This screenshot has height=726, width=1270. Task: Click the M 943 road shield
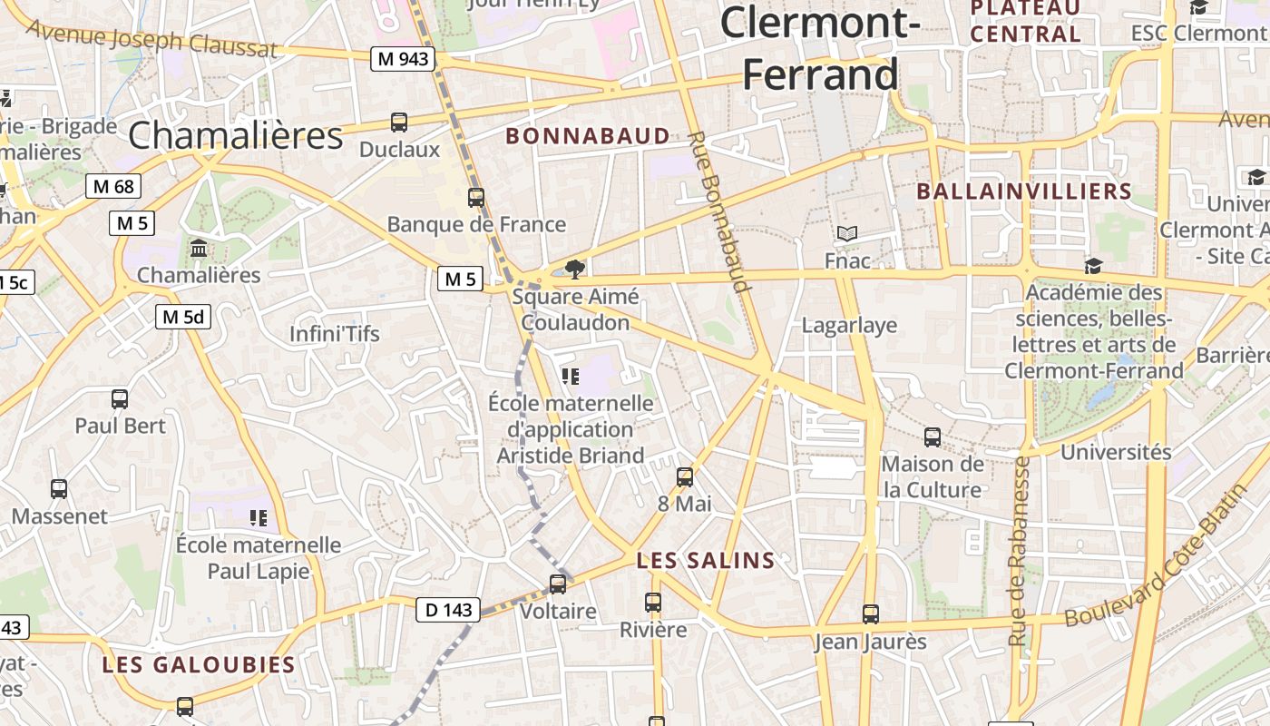[x=404, y=59]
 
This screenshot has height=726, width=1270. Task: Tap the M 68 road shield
[x=113, y=187]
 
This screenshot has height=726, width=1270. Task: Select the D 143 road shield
[x=448, y=610]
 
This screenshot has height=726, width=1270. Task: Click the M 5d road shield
[x=183, y=317]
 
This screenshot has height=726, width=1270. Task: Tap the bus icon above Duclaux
[x=399, y=122]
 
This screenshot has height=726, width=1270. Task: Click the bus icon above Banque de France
[x=476, y=197]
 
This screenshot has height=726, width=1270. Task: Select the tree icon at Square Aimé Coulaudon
[x=574, y=269]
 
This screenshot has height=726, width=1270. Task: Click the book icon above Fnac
[x=847, y=234]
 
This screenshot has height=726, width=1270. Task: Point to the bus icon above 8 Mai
[x=685, y=476]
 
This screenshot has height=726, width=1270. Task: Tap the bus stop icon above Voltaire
[x=558, y=584]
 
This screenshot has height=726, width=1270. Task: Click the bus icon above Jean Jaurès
[x=871, y=614]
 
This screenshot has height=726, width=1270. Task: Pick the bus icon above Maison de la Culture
[x=933, y=437]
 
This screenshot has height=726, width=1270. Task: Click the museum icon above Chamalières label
[x=199, y=248]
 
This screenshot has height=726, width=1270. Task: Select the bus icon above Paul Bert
[x=120, y=398]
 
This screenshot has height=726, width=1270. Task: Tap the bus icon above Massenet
[x=59, y=489]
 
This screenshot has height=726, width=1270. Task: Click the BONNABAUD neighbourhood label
[x=588, y=136]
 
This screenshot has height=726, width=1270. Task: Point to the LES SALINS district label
[x=706, y=561]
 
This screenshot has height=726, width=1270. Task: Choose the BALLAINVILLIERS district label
[x=1024, y=191]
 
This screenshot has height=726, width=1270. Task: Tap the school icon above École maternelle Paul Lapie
[x=259, y=518]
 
